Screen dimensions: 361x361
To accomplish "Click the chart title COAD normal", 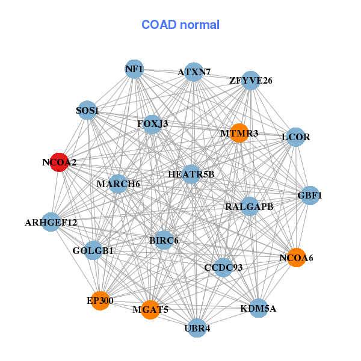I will [180, 25].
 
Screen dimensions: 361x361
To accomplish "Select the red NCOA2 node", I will [58, 162].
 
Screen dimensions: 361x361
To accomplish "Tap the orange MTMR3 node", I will [239, 133].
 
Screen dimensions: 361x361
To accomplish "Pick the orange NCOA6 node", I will [296, 258].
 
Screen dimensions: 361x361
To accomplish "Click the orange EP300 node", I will [100, 300].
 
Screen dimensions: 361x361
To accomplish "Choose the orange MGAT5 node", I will [150, 310].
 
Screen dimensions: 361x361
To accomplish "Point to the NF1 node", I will [134, 69].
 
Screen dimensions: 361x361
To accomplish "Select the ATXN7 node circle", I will [193, 72].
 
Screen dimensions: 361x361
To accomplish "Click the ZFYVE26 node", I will [250, 80].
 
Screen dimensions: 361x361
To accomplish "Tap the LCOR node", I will [295, 137].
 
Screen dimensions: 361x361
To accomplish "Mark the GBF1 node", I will [310, 196].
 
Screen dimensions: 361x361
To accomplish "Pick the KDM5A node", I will [258, 309].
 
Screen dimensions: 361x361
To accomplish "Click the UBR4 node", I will [197, 329].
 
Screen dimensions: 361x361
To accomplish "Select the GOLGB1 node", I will [93, 250].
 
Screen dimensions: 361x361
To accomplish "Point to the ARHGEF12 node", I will [51, 222].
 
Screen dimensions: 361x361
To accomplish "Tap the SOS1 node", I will [88, 110].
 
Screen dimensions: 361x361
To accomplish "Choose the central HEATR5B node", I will [191, 174].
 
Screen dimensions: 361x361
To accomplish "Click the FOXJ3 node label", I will [152, 125].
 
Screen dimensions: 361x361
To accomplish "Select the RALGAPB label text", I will [249, 207].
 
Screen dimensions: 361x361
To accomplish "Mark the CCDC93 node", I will [223, 267].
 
